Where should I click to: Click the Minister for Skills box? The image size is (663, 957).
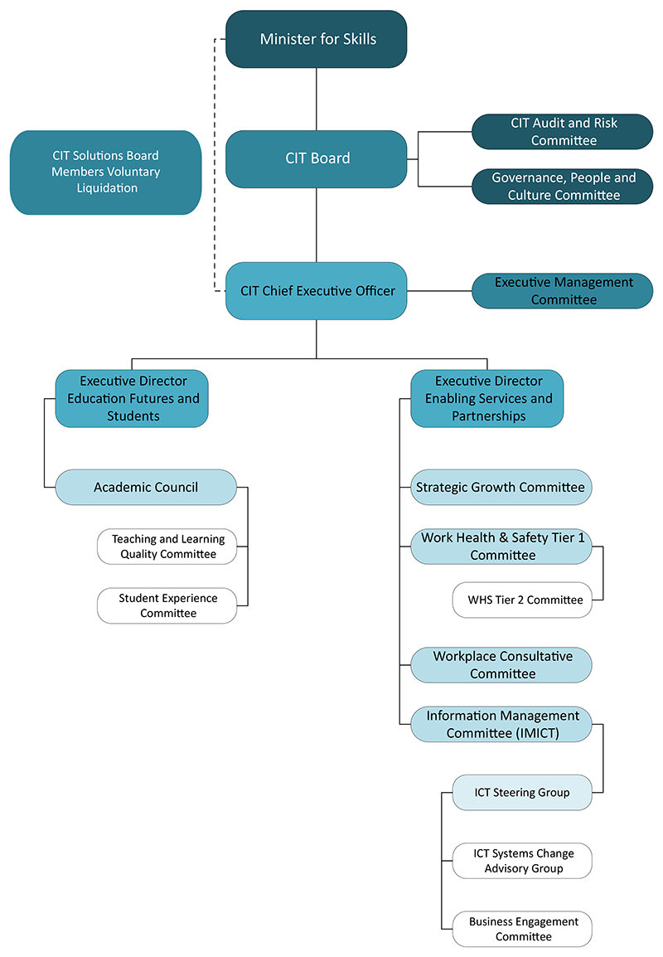pos(317,39)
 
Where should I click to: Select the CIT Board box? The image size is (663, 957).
pos(317,158)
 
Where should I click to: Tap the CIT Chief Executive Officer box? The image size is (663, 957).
pos(317,291)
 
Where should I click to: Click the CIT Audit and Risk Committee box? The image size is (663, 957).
pos(563,132)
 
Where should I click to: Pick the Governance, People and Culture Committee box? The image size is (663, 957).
pos(563,187)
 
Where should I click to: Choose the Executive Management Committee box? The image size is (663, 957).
pos(563,291)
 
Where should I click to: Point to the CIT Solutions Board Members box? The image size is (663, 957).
pos(105,172)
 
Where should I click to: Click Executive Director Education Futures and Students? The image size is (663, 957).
pos(133,399)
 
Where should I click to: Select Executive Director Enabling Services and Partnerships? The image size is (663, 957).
pos(487,399)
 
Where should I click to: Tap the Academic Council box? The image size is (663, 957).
pos(146,488)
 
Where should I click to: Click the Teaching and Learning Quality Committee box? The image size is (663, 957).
pos(167,547)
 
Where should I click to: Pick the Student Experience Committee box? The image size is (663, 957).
pos(167,605)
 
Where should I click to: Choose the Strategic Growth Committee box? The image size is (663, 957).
pos(501,488)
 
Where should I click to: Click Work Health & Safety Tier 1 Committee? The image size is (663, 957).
pos(501,547)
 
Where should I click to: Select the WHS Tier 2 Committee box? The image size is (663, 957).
pos(523,600)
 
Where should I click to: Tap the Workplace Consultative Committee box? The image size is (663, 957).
pos(501,665)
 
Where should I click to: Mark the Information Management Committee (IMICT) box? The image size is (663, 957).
pos(501,724)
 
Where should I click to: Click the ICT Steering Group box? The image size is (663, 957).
pos(523,793)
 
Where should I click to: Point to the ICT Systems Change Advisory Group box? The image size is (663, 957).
pos(523,861)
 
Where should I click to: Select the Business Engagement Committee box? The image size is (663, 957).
pos(523,929)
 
